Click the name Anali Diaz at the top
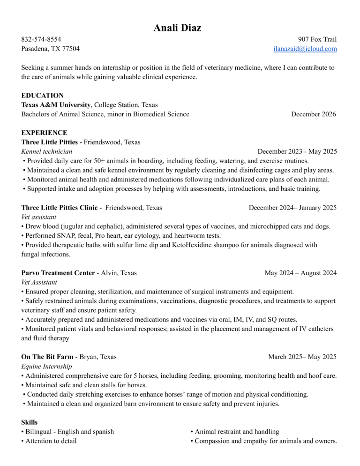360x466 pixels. coord(178,28)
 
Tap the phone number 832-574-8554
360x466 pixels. coord(41,39)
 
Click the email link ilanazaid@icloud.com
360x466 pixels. coord(305,49)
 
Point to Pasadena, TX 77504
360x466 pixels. coord(50,49)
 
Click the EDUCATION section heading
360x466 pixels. coord(43,95)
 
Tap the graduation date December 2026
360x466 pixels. coord(313,114)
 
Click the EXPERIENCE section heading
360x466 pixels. coord(44,133)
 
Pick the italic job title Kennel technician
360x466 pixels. coord(47,151)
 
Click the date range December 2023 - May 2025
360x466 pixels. coord(297,151)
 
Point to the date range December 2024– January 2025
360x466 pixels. coord(292,208)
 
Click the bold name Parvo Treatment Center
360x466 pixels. coord(58,273)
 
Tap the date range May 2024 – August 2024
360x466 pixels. coord(300,273)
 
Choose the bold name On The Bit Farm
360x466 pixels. coord(47,357)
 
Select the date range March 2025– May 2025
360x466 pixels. coord(302,357)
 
